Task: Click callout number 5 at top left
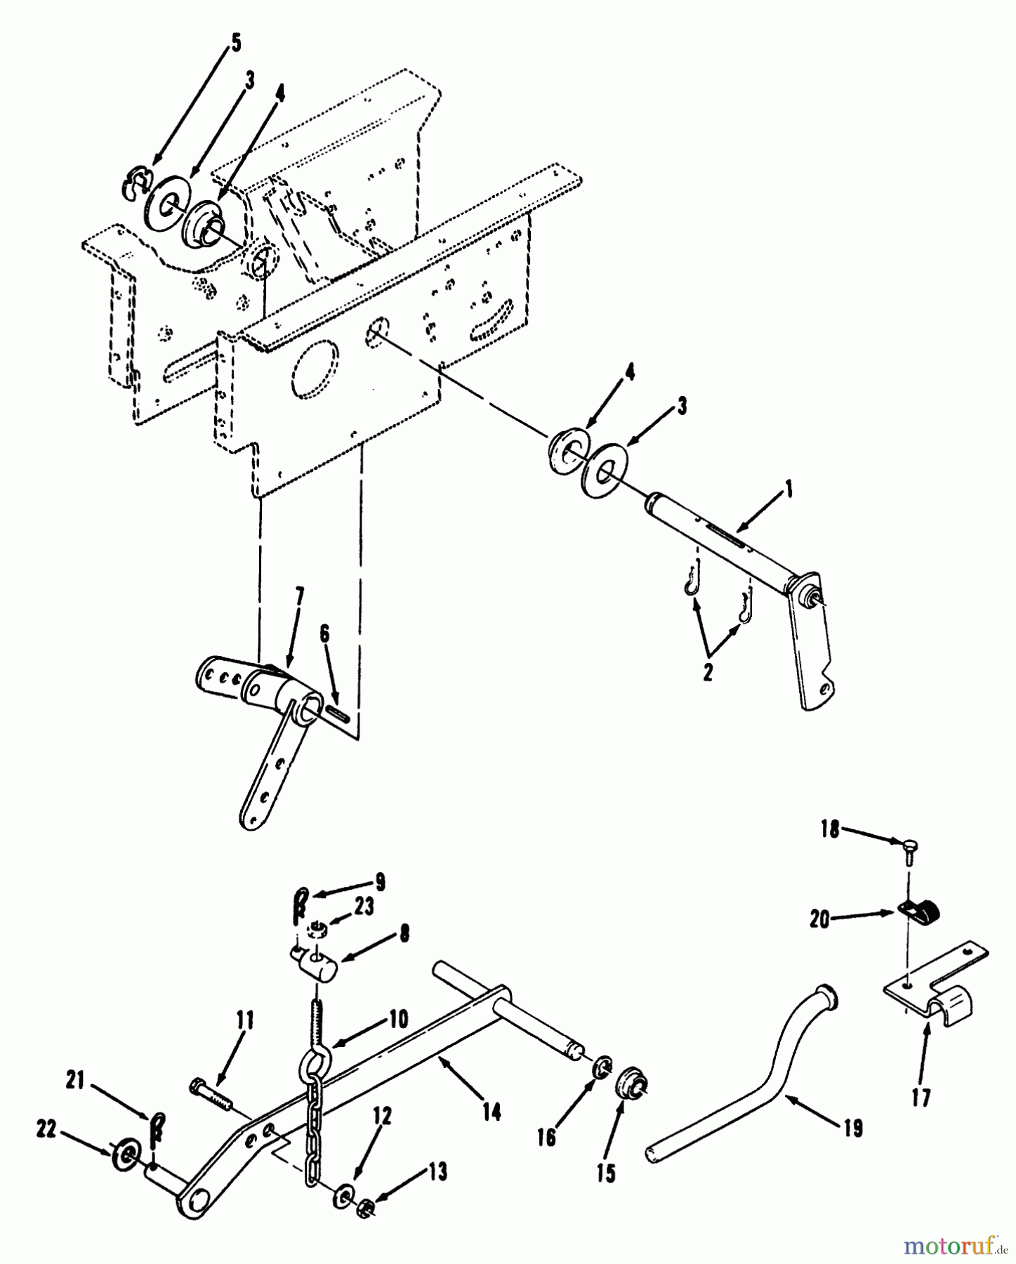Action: tap(235, 44)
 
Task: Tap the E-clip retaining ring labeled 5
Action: tap(134, 185)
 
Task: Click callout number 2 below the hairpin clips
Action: tap(707, 672)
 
